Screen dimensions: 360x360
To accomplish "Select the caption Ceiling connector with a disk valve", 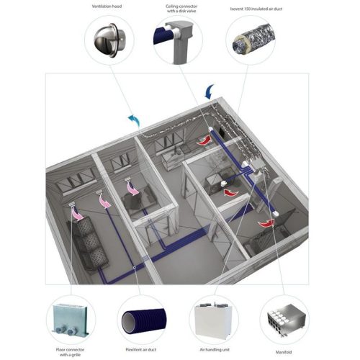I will point(177,9).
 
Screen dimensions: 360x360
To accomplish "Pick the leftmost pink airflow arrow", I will point(84,212).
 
